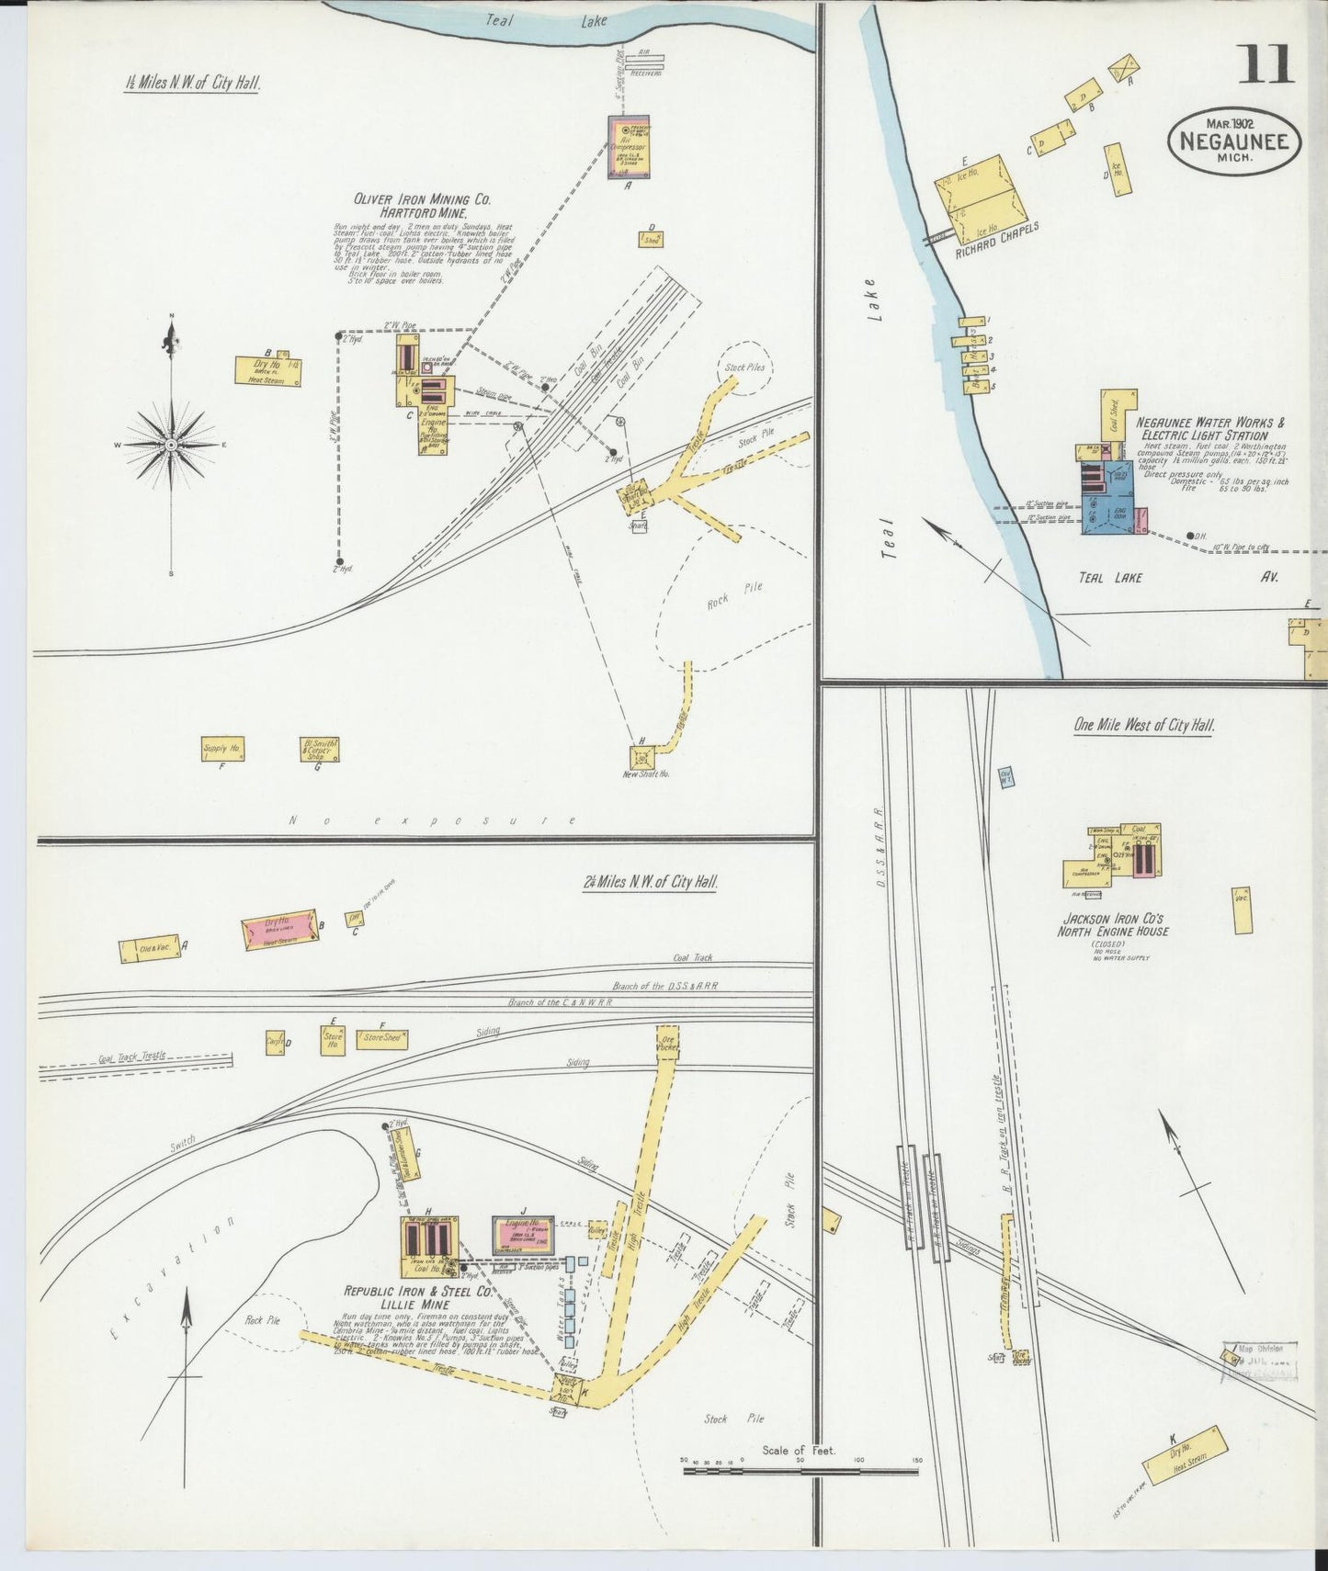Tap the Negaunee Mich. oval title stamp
point(1234,142)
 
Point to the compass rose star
point(171,445)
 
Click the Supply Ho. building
point(222,749)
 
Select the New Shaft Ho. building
point(642,757)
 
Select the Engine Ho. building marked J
point(523,1233)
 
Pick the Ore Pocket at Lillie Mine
point(667,1042)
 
